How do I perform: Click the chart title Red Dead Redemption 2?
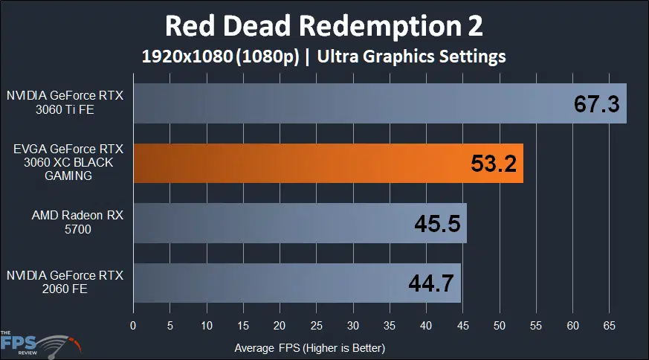[323, 26]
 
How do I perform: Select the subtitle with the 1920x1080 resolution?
[323, 56]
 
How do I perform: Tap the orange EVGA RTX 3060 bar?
[297, 164]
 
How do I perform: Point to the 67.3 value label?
[596, 104]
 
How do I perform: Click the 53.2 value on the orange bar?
[494, 164]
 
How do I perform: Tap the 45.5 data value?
[436, 223]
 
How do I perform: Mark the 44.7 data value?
[431, 283]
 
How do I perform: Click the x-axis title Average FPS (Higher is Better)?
[309, 347]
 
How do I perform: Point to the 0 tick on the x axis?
[133, 325]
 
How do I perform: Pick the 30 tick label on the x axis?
[353, 325]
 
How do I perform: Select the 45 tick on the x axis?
[463, 325]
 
